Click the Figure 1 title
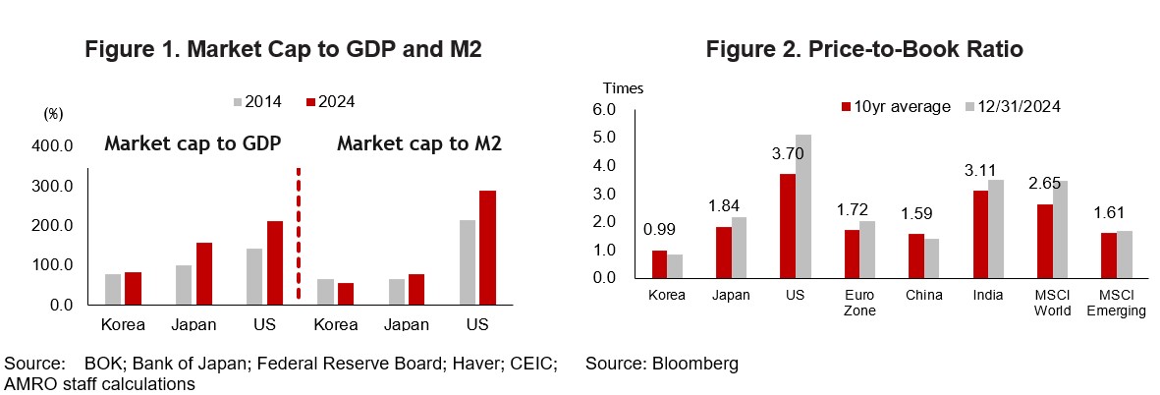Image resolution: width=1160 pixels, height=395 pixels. coord(282,49)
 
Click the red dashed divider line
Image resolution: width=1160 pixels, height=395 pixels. coord(298,236)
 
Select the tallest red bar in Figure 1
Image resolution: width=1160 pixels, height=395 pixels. coord(488,247)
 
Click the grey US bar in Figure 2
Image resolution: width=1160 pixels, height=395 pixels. coord(803,206)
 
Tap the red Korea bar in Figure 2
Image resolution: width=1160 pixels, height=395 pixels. coord(660,264)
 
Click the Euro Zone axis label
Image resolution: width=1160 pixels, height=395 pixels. coord(853,303)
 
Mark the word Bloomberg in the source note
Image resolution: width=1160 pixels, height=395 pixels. coord(696,364)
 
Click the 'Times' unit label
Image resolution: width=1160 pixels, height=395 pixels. coord(623,88)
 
